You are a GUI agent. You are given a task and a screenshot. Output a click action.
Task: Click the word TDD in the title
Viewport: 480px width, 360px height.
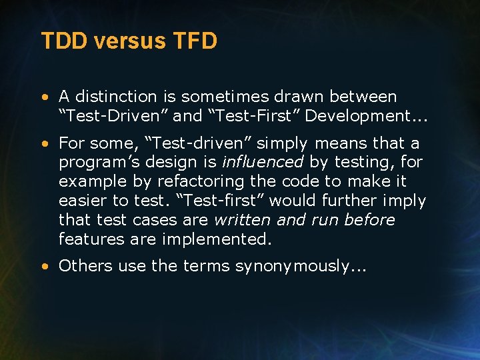65,41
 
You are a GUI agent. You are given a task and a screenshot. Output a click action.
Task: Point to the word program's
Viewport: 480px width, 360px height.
93,163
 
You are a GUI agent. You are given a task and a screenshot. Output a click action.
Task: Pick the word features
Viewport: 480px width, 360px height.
87,239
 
